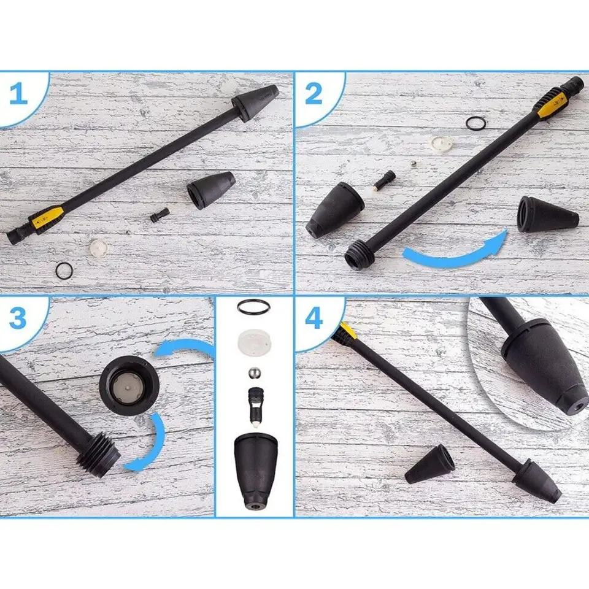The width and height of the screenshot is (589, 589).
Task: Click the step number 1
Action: [x=18, y=94]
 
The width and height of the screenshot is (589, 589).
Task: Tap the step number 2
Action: [x=314, y=94]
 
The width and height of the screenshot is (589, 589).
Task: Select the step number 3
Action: [x=18, y=318]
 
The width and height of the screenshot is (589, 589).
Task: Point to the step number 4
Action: [x=314, y=318]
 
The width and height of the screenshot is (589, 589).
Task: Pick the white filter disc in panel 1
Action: [x=98, y=247]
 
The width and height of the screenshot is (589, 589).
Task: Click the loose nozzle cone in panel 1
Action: [x=211, y=190]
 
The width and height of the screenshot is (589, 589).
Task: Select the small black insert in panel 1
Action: [x=160, y=215]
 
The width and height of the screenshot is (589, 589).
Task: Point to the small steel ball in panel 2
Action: [x=413, y=164]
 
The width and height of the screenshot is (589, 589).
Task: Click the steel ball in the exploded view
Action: [x=254, y=374]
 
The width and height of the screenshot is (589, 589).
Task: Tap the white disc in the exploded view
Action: [x=254, y=341]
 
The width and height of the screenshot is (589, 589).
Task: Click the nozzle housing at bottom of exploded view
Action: [x=256, y=471]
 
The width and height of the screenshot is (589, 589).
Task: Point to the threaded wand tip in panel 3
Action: [x=99, y=455]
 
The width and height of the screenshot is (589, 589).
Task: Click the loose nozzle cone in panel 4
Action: [x=429, y=464]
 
